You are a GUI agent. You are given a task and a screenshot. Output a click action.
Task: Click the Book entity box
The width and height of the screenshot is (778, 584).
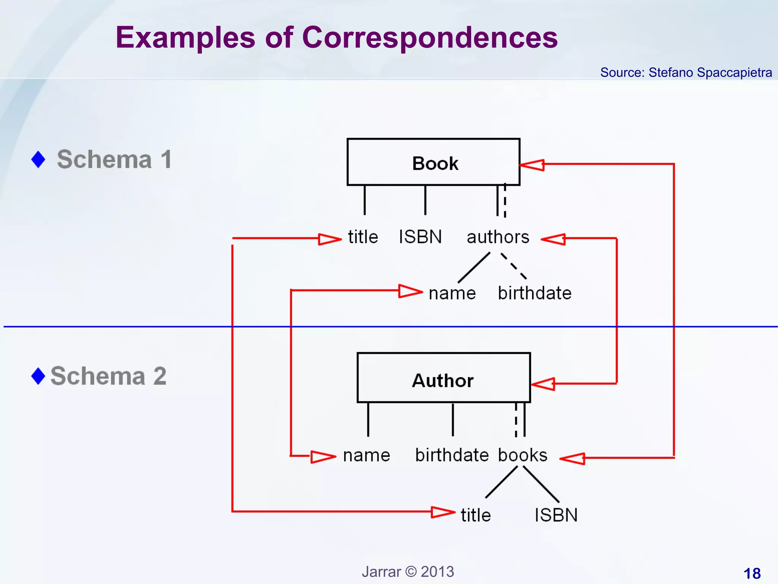click(433, 162)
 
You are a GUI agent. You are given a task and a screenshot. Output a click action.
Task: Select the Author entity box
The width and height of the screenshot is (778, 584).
click(443, 378)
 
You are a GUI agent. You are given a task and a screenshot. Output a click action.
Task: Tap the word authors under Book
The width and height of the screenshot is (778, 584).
click(498, 237)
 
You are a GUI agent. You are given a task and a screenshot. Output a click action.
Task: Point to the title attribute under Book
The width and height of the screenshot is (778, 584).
click(363, 237)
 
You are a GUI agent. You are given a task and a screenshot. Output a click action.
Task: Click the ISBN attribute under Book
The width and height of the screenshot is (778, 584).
click(420, 237)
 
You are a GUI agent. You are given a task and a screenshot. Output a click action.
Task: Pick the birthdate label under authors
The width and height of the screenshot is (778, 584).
click(534, 293)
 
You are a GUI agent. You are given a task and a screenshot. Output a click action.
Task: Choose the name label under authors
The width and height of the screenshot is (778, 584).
click(452, 294)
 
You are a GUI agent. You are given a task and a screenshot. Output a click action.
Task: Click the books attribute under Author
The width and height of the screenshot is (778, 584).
click(522, 455)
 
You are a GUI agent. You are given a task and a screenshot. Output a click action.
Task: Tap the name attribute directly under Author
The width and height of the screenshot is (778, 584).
click(366, 455)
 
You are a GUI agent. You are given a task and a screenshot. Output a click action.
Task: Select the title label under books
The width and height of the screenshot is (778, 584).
click(476, 516)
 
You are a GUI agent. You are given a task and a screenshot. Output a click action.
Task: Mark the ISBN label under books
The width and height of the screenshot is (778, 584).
click(556, 516)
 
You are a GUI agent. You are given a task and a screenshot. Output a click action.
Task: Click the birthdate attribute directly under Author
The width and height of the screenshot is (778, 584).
click(452, 455)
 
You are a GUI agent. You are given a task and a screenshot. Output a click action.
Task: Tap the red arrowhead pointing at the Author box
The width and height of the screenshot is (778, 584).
click(543, 384)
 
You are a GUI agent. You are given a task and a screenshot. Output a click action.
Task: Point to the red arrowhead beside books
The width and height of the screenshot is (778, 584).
click(572, 459)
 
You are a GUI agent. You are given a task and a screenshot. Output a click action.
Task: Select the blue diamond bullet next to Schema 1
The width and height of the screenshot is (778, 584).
click(38, 159)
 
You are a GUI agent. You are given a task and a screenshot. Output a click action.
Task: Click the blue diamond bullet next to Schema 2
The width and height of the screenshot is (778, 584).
click(38, 376)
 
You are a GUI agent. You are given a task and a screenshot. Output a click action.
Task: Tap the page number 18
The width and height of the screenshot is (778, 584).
click(752, 573)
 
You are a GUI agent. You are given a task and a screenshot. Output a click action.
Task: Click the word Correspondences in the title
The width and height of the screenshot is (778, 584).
click(430, 38)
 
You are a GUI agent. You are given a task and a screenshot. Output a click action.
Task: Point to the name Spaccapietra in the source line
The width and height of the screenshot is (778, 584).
click(734, 72)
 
